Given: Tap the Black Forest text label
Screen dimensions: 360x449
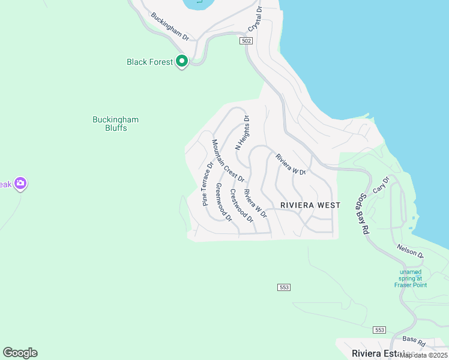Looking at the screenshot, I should click(149, 62).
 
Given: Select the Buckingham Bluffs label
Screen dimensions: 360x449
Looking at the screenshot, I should click(115, 124).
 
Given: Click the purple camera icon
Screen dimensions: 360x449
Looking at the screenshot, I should click(21, 184).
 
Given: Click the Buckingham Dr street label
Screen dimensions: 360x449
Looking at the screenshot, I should click(169, 27).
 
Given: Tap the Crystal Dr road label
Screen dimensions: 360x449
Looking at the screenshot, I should click(256, 19).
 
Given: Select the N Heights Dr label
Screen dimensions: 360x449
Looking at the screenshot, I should click(242, 133).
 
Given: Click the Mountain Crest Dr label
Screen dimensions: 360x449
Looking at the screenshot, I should click(228, 161).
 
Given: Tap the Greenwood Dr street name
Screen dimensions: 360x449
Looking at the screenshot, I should click(223, 202).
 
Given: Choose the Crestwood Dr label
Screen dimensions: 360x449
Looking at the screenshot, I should click(242, 207).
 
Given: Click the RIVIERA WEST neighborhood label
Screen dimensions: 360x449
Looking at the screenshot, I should click(310, 205).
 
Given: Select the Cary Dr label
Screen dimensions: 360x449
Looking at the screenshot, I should click(381, 184).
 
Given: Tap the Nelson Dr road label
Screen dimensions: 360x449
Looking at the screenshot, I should click(410, 251).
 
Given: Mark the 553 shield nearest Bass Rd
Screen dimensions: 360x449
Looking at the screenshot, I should click(379, 330).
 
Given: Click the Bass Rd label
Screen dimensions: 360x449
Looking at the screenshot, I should click(414, 341).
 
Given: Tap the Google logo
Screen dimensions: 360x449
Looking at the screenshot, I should click(20, 353).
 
